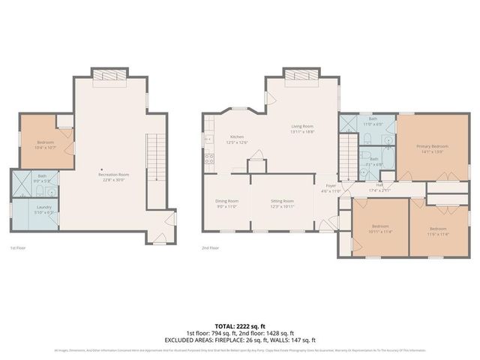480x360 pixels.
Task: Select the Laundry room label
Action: (x=43, y=207)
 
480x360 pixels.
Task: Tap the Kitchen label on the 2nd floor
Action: (x=237, y=137)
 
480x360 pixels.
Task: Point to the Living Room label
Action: (x=302, y=126)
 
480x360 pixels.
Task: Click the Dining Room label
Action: (x=226, y=201)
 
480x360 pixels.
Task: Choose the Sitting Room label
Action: (x=282, y=201)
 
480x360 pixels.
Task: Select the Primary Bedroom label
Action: (x=433, y=146)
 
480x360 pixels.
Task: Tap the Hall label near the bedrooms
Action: (x=379, y=184)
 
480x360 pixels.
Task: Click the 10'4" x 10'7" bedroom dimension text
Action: (x=46, y=148)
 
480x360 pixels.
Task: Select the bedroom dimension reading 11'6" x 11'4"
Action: (x=438, y=233)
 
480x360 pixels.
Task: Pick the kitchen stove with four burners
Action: (x=210, y=158)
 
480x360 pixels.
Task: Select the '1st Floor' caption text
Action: (x=19, y=247)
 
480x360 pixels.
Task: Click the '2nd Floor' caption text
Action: (x=211, y=247)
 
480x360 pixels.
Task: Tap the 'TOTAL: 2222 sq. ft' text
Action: (x=240, y=326)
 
